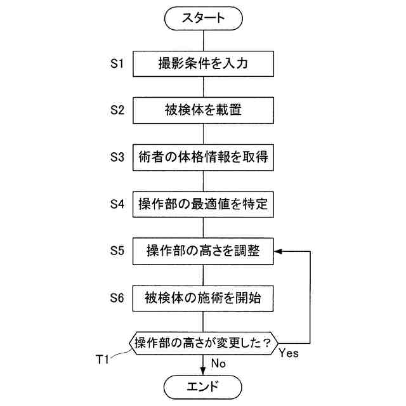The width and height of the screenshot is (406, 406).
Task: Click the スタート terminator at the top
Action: click(x=203, y=18)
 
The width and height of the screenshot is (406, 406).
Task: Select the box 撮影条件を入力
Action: click(x=203, y=63)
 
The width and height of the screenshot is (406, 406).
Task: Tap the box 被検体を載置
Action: click(x=203, y=110)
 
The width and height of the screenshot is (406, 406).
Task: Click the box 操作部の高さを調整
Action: click(x=203, y=251)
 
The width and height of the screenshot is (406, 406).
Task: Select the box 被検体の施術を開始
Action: click(x=203, y=297)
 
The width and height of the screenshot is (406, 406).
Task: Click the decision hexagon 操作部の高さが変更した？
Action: click(x=203, y=343)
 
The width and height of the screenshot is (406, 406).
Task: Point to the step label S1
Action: click(x=117, y=63)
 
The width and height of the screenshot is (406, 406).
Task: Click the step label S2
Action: click(x=117, y=110)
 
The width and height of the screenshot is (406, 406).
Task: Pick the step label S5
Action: click(x=117, y=251)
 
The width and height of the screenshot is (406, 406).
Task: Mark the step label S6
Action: click(x=117, y=297)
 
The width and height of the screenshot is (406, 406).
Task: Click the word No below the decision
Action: click(x=218, y=363)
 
